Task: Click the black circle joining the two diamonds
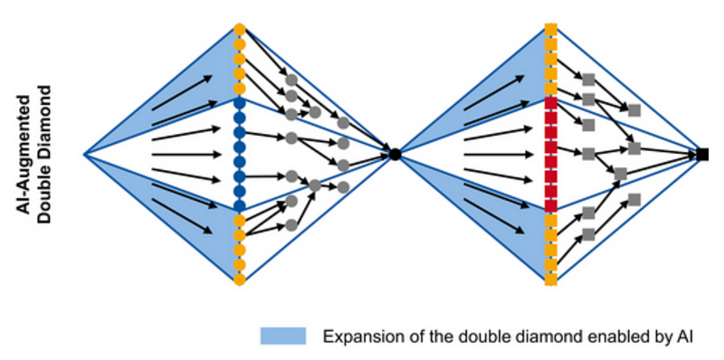pos(395,155)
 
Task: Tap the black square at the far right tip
pos(702,155)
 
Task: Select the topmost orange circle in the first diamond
pos(239,29)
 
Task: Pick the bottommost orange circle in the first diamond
pos(239,279)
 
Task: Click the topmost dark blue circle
pos(239,103)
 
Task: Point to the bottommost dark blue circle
pos(239,205)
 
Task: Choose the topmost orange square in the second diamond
pos(550,29)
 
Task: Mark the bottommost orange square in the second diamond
pos(550,279)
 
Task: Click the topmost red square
pos(550,103)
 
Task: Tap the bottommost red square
pos(550,205)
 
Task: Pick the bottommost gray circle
pos(291,225)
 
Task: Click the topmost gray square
pos(588,80)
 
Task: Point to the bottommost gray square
pos(588,234)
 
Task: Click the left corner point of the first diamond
pos(84,155)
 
